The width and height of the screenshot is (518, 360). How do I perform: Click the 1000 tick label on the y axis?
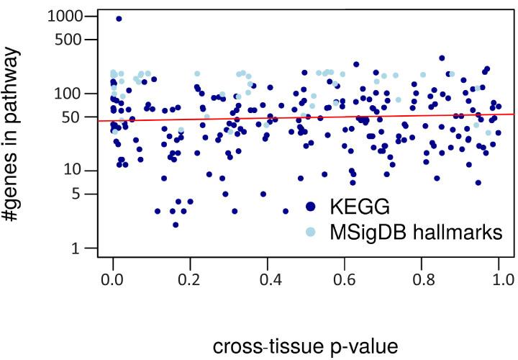coord(63,16)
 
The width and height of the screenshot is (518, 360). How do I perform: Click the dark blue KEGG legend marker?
coord(311,207)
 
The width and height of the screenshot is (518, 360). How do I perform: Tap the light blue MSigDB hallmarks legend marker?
coord(311,232)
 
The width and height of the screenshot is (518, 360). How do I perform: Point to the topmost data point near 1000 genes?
coord(119,19)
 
